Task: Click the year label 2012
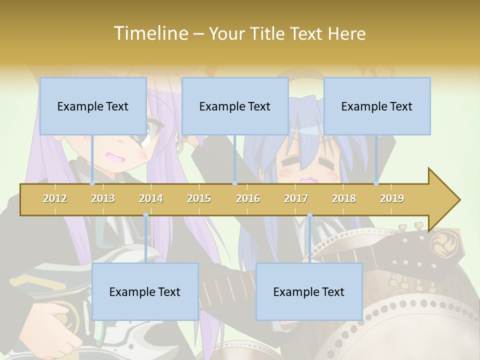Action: click(x=55, y=198)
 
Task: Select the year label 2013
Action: click(x=103, y=198)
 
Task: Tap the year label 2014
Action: click(x=151, y=198)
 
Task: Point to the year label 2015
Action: click(x=199, y=198)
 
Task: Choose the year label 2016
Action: click(x=248, y=198)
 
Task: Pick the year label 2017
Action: click(x=296, y=198)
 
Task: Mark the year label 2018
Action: click(x=344, y=198)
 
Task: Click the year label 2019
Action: click(x=392, y=198)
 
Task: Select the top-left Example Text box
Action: click(x=93, y=106)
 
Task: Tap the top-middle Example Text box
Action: click(x=235, y=106)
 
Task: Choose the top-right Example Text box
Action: click(x=377, y=106)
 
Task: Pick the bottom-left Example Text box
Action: click(x=145, y=291)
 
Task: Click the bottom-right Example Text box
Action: click(x=309, y=291)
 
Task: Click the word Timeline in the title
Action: click(x=149, y=33)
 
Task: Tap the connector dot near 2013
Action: click(x=92, y=183)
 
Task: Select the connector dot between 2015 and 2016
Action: click(x=234, y=183)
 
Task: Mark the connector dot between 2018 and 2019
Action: click(x=376, y=183)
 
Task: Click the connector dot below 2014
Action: click(x=145, y=215)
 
